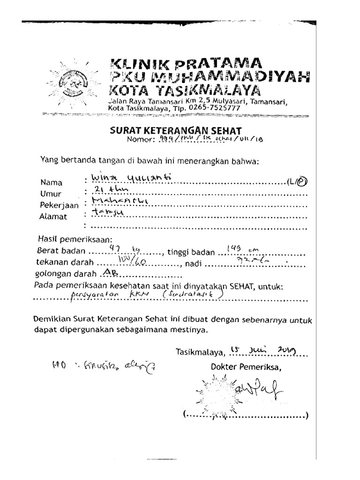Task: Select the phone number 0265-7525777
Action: (214, 107)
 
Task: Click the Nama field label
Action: (51, 183)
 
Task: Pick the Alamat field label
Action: (53, 217)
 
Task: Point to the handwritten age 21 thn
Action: (106, 190)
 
